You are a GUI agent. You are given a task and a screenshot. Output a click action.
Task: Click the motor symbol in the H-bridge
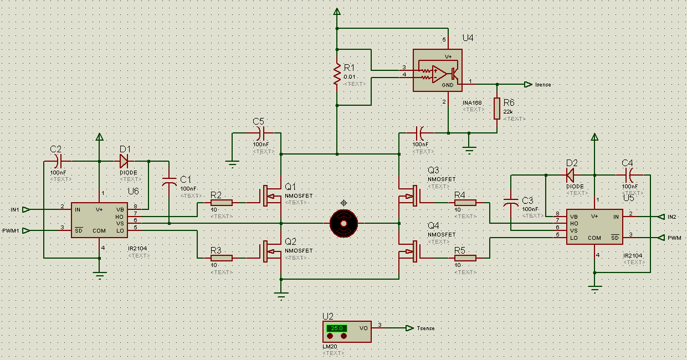pos(343,223)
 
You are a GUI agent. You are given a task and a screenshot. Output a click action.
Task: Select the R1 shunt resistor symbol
pos(336,74)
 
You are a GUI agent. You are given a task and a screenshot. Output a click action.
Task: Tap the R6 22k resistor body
pos(497,109)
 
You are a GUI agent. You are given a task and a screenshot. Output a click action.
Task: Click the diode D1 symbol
pos(124,161)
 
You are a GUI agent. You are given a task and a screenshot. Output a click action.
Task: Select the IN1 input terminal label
pos(14,209)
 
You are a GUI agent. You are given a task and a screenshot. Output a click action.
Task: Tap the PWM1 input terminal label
pos(11,230)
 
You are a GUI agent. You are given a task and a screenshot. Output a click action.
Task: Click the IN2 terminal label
pos(672,217)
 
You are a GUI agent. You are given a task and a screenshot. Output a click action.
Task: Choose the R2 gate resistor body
pos(221,203)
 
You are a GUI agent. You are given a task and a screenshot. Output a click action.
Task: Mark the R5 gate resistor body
pos(465,258)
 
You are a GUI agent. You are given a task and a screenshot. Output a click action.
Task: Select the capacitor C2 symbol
pos(59,161)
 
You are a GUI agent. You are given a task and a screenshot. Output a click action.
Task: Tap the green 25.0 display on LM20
pos(337,328)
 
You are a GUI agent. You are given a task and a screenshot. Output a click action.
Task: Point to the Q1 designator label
pos(291,187)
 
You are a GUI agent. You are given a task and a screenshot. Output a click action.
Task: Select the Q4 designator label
pos(433,225)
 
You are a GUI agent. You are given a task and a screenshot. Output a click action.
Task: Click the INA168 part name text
pos(473,102)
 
